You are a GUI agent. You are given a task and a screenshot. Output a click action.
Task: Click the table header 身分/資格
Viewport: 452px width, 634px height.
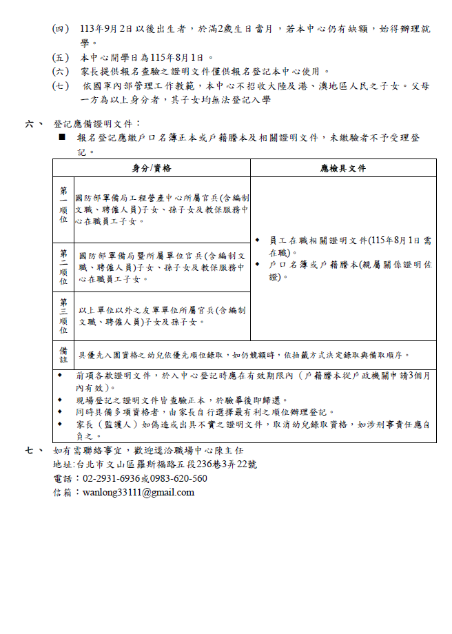[152, 168]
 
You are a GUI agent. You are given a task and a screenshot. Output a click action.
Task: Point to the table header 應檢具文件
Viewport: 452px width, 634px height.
[343, 168]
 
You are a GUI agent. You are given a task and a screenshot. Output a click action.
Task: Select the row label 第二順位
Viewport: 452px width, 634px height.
[63, 267]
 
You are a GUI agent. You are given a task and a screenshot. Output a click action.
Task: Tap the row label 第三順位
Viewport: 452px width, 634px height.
[63, 316]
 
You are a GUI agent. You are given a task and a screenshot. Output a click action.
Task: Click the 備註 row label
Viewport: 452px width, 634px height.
[63, 355]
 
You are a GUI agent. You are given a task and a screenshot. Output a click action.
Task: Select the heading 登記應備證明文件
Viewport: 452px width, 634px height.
[97, 124]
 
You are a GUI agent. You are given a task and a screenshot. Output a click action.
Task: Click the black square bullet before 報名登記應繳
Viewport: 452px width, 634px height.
[61, 139]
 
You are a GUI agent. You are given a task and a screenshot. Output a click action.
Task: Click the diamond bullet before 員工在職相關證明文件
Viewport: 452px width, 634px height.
[258, 241]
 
